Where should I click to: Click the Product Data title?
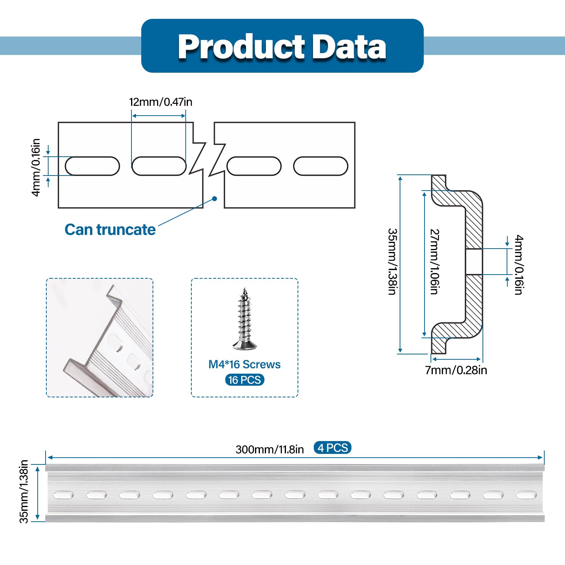pos(282,46)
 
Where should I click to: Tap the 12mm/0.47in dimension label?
pos(160,102)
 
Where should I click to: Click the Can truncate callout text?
pos(110,230)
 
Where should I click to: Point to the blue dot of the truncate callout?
pos(215,199)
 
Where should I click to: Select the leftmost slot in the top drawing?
pos(92,166)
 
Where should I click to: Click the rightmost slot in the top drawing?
pos(321,166)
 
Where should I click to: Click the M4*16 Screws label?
pos(244,364)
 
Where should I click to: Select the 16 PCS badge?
pos(244,380)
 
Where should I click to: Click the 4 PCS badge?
pos(332,448)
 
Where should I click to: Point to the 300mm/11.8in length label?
pos(270,449)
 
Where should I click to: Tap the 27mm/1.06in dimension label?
pos(435,261)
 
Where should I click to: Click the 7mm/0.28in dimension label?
pos(456,370)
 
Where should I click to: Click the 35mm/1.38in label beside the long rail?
pos(24,491)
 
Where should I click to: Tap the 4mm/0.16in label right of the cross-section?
pos(519,264)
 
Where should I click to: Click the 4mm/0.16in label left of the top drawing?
pos(35,167)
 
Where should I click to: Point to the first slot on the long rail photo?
pos(63,495)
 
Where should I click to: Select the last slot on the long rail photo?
pos(526,495)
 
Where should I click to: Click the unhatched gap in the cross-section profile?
pos(474,261)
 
